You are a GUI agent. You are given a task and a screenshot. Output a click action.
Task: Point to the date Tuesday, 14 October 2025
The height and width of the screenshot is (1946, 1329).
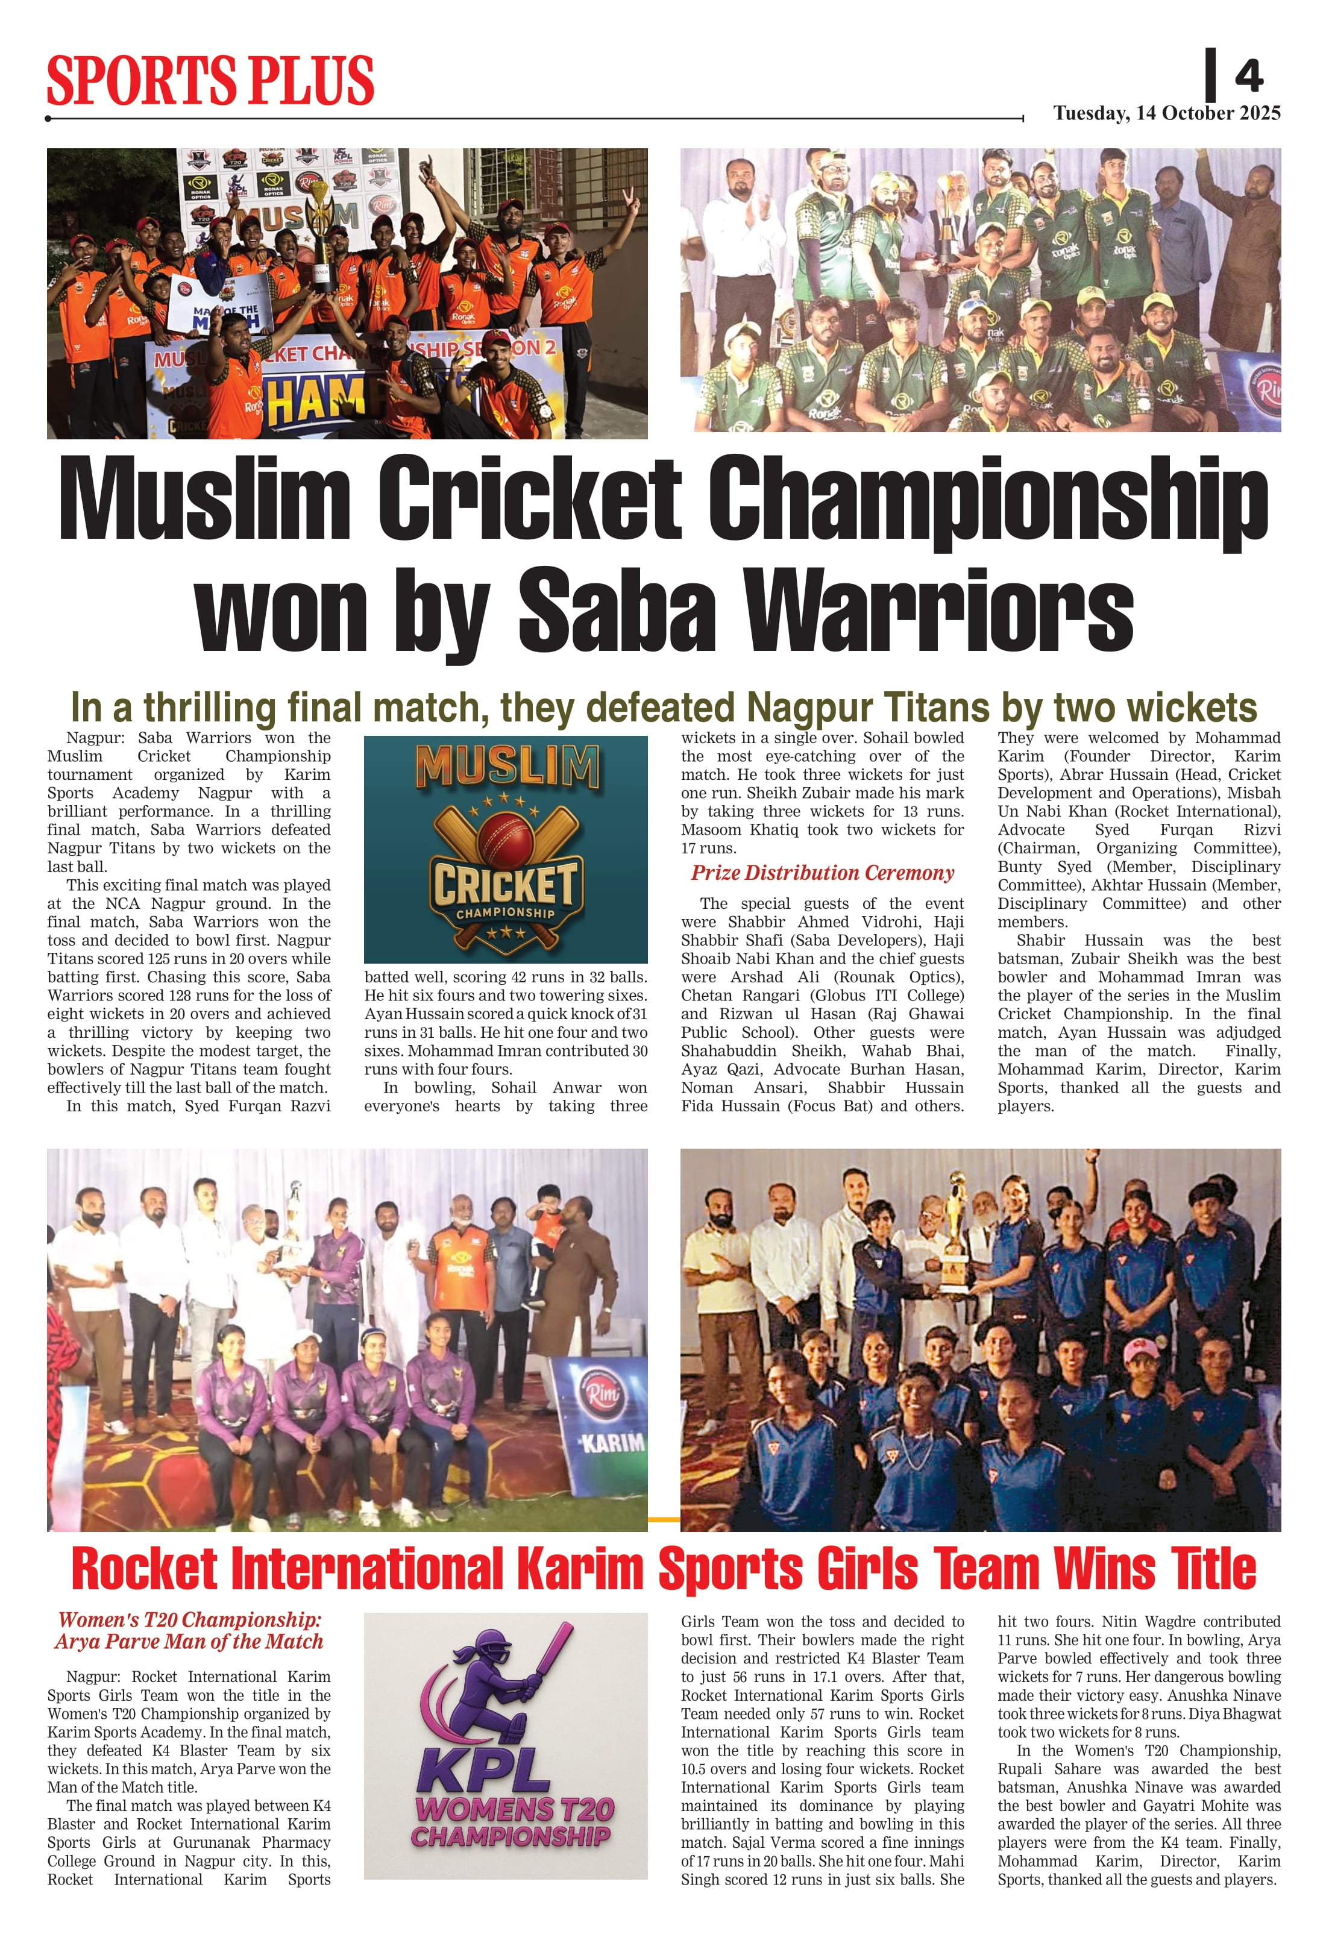tap(1166, 113)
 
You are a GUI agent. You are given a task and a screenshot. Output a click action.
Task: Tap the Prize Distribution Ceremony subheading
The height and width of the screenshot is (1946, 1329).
tap(822, 873)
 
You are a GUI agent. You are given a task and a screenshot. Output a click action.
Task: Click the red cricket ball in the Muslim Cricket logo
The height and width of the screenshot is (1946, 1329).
tap(505, 839)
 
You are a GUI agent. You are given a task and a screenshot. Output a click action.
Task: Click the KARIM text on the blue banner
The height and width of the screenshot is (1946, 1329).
tap(613, 1443)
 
